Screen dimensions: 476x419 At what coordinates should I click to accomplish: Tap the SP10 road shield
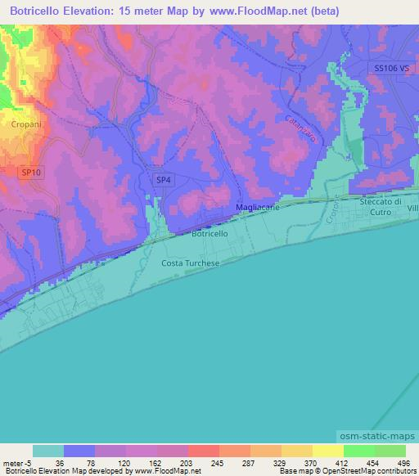coord(30,171)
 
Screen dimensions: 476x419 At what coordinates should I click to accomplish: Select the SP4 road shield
coord(163,180)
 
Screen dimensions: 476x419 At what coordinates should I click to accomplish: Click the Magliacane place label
coord(258,209)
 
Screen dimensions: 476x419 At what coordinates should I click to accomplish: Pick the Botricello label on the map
coord(209,234)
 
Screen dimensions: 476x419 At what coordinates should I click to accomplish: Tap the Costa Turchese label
coord(191,262)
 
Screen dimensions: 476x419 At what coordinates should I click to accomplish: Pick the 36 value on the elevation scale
coord(60,463)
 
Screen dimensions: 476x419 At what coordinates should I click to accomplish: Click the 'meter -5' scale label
coord(19,463)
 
